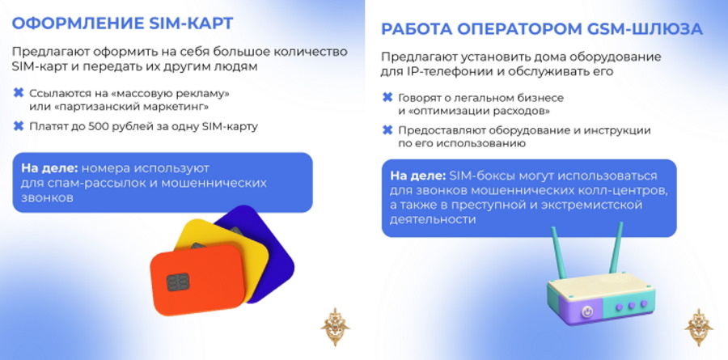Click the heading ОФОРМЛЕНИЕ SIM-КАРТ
tap(122, 23)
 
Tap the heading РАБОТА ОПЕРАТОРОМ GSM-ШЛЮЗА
tap(541, 29)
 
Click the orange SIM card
tap(197, 280)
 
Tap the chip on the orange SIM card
tap(178, 282)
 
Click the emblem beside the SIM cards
tap(335, 327)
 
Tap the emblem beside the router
tap(699, 327)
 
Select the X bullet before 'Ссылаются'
tap(19, 93)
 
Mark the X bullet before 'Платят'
tap(19, 126)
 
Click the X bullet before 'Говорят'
tap(387, 98)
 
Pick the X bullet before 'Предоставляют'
tap(387, 130)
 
